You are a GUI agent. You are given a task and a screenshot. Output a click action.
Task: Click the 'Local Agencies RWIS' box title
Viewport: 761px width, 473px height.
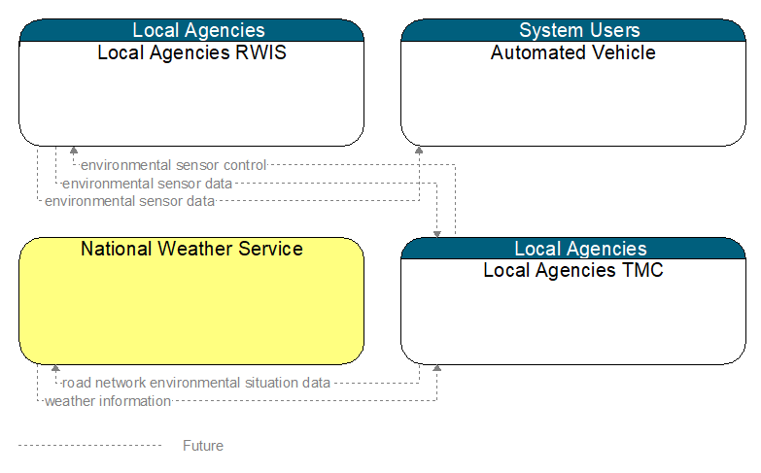[x=191, y=52]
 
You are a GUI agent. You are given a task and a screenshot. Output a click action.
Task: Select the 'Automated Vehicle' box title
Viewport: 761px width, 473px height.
[x=573, y=52]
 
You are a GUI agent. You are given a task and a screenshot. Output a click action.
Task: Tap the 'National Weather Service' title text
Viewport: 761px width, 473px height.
[x=191, y=249]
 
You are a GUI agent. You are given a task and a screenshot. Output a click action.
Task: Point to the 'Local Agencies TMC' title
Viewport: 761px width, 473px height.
[x=573, y=270]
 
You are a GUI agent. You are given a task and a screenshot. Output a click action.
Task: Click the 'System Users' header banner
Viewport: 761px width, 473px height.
[x=573, y=30]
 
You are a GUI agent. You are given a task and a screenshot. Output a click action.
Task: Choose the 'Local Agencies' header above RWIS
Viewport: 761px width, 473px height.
[x=191, y=30]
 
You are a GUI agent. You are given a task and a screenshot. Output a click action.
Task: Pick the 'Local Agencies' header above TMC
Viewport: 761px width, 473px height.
[x=573, y=249]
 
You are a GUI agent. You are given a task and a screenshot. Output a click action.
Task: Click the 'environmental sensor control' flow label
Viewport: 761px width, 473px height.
[x=174, y=165]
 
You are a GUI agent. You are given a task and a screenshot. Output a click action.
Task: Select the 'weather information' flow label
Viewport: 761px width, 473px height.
[x=108, y=401]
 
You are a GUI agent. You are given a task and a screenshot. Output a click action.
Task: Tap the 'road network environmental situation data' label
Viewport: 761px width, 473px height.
[x=196, y=383]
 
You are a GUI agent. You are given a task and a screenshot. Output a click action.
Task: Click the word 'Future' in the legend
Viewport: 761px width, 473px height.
[x=203, y=446]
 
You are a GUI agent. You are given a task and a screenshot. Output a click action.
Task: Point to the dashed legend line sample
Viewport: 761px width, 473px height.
[x=89, y=445]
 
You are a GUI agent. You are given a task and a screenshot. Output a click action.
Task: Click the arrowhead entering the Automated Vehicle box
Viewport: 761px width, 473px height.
[x=419, y=150]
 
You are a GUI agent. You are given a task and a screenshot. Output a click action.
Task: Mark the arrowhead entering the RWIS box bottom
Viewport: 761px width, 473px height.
[x=74, y=150]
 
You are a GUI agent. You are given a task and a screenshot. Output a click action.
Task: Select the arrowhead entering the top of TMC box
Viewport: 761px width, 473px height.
[x=436, y=234]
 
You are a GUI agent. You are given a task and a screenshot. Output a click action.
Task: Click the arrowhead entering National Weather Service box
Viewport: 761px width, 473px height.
[x=55, y=368]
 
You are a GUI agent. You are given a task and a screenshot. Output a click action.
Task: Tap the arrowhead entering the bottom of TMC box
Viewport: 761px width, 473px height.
[x=436, y=368]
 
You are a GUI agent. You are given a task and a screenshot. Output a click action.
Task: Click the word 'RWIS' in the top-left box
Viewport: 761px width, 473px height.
[x=260, y=52]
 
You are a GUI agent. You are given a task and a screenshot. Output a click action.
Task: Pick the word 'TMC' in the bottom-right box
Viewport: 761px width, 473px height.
[x=642, y=270]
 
